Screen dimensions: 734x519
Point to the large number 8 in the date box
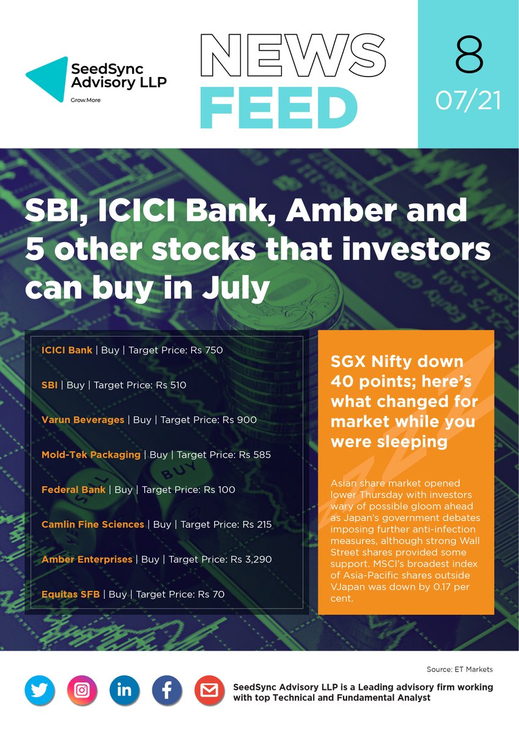(469, 56)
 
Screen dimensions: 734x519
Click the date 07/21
(469, 101)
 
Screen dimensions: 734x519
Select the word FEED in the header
(278, 109)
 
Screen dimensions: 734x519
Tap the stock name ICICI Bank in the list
(67, 350)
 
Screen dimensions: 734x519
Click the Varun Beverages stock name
(83, 420)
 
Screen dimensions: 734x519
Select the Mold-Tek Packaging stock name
(90, 455)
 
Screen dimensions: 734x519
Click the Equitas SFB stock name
(70, 594)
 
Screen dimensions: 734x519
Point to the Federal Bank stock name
(73, 490)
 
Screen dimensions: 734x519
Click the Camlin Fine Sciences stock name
(93, 525)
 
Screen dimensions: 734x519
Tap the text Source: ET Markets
(460, 670)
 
